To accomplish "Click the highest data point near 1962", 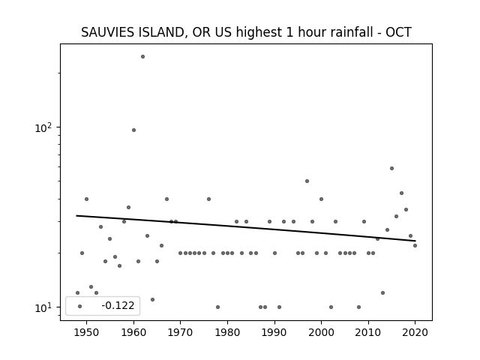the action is click(142, 57).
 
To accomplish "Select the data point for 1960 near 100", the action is click(133, 130).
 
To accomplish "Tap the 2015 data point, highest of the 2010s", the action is click(391, 168).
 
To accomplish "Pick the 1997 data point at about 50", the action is click(307, 181).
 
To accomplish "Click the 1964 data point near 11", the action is click(152, 300).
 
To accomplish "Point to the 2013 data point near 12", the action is click(382, 293).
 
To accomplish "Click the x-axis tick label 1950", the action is click(87, 332).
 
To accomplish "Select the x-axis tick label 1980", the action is click(227, 332).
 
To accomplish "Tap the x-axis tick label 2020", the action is click(415, 332).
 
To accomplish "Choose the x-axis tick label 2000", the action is click(321, 332).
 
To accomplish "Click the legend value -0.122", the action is click(118, 305).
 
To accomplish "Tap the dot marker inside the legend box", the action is click(80, 307).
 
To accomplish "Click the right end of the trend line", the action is click(415, 241).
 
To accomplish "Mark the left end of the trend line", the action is click(76, 216).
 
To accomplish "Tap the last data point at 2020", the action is click(415, 245).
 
